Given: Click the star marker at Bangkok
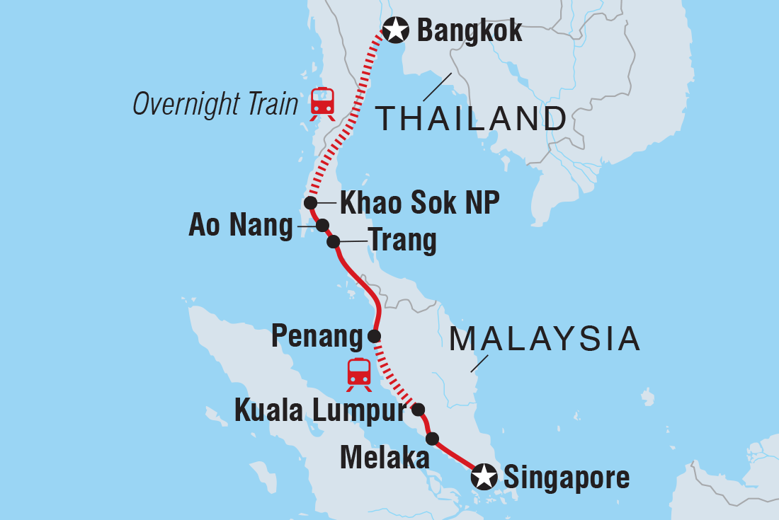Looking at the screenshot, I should [x=395, y=30].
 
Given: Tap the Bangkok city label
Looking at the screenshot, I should [x=470, y=30].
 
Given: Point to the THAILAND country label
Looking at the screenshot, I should [x=472, y=118].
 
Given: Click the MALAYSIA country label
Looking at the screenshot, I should [x=545, y=340].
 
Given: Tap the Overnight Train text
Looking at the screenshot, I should [x=216, y=104].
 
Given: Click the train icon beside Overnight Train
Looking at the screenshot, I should [x=322, y=103].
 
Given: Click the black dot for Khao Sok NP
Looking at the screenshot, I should [x=310, y=203].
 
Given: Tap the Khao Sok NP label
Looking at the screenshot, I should [x=420, y=203].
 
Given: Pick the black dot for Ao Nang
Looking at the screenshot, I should [x=322, y=226].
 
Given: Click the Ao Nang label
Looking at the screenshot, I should [x=241, y=226].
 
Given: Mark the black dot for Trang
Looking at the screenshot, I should [x=334, y=242].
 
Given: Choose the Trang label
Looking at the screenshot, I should [x=402, y=242].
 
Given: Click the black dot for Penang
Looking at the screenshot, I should [x=374, y=335].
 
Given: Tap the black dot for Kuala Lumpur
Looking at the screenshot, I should [x=418, y=409].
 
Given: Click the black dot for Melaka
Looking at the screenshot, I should [x=432, y=438].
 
